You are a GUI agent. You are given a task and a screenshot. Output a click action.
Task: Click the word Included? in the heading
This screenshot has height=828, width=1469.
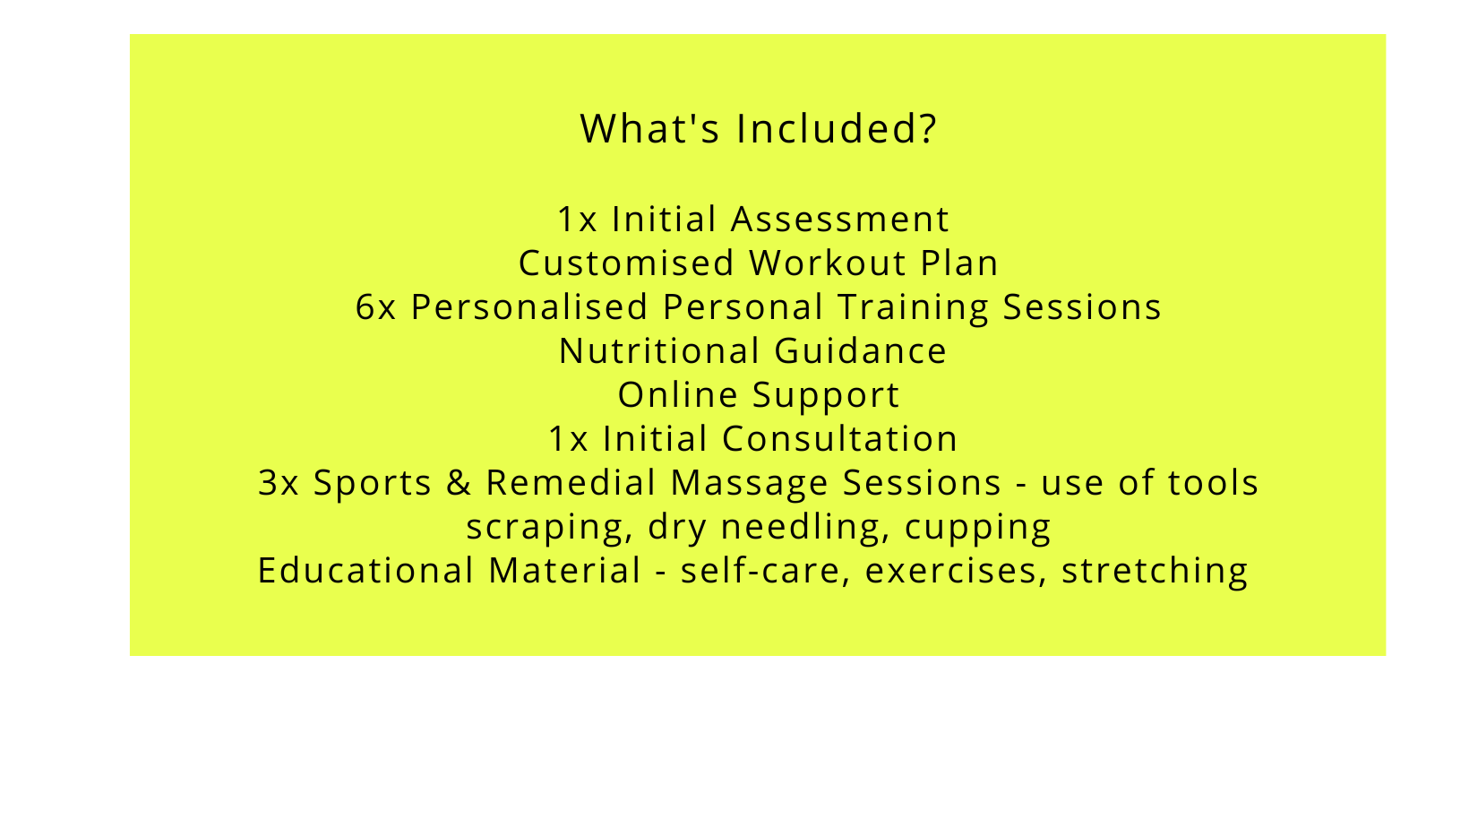click(837, 128)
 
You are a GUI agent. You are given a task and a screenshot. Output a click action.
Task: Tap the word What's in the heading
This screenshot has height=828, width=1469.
click(650, 128)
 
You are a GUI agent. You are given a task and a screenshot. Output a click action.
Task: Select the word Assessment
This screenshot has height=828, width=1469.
click(840, 219)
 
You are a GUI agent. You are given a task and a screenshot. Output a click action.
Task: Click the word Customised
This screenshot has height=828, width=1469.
click(626, 263)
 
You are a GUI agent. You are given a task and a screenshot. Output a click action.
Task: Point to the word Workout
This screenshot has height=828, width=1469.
click(828, 263)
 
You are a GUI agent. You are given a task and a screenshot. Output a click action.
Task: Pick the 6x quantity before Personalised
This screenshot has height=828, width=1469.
click(376, 306)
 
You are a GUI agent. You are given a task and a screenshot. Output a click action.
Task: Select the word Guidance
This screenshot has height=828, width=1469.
click(861, 350)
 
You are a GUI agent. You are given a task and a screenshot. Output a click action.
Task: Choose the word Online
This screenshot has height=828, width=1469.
click(678, 394)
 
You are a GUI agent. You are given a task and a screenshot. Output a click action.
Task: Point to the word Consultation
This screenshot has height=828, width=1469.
click(840, 438)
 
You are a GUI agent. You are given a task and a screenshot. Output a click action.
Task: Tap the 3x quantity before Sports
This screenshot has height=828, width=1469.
click(279, 482)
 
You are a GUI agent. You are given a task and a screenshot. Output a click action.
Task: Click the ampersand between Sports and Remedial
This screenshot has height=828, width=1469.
click(459, 482)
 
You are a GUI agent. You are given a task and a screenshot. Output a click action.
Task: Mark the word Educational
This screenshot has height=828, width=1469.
click(365, 570)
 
